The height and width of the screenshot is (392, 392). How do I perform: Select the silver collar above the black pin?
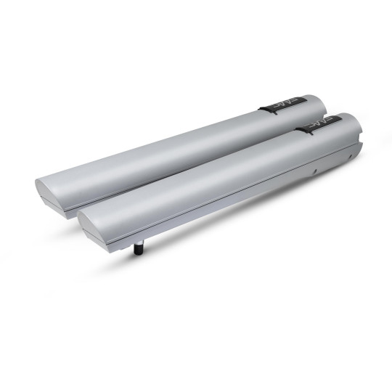click(x=139, y=242)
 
